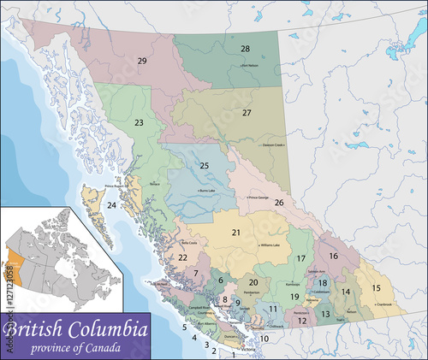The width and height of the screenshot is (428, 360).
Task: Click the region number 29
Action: pyautogui.click(x=142, y=60)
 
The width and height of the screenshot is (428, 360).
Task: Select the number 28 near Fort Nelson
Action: pyautogui.click(x=245, y=49)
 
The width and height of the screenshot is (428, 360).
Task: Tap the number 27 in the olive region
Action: pyautogui.click(x=247, y=113)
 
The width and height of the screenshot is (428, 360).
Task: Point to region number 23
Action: pyautogui.click(x=138, y=123)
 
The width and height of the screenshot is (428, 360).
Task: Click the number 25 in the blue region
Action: pyautogui.click(x=204, y=165)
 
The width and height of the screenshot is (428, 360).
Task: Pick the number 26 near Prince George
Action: pyautogui.click(x=279, y=203)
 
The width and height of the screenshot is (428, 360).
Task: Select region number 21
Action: pyautogui.click(x=235, y=232)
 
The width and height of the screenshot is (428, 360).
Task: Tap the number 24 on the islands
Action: pyautogui.click(x=112, y=206)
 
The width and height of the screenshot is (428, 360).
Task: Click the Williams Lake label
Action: pyautogui.click(x=270, y=245)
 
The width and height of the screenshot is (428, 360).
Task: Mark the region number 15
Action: pyautogui.click(x=376, y=287)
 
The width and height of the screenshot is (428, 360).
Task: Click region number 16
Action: pyautogui.click(x=333, y=256)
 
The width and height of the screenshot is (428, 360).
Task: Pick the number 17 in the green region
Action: pyautogui.click(x=300, y=258)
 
